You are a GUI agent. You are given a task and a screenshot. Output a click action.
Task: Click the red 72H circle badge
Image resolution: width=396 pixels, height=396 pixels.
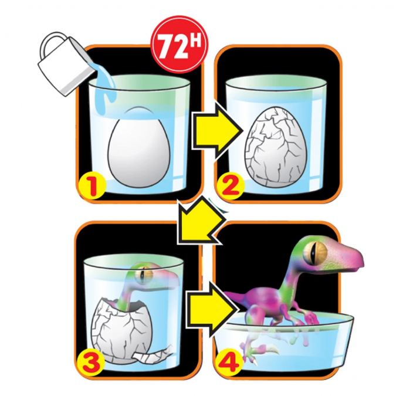pos(180,45)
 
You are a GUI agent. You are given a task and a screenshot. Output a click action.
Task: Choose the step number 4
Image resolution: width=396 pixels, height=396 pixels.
pos(230,361)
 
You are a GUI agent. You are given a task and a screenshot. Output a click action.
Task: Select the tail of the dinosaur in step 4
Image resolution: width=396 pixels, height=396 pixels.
pos(239,296)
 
